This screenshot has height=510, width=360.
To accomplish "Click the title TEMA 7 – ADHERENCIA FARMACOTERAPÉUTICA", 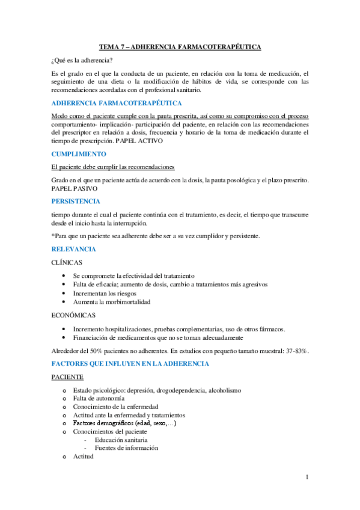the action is pyautogui.click(x=180, y=46).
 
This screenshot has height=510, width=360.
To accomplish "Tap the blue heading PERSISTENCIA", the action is pyautogui.click(x=76, y=201).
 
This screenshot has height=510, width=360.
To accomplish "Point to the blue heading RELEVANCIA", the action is pyautogui.click(x=74, y=249).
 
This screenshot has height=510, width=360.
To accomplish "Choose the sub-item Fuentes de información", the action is pyautogui.click(x=127, y=448).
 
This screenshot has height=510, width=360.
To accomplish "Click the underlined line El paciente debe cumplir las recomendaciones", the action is pyautogui.click(x=114, y=167).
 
